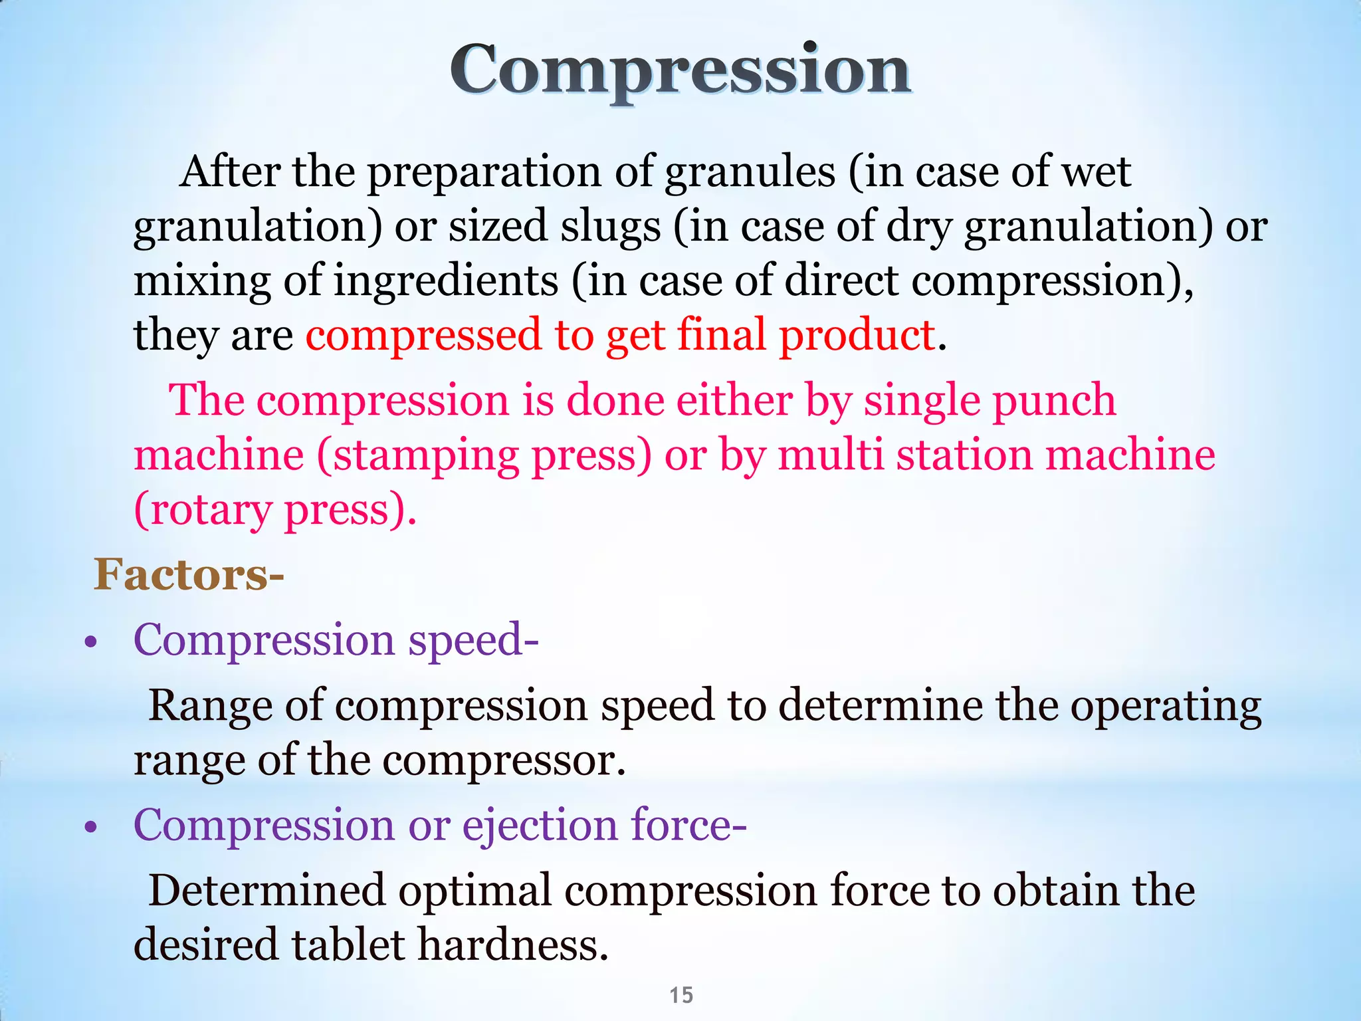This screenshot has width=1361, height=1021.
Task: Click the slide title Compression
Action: pos(680,70)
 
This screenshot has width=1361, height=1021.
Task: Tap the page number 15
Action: pos(681,995)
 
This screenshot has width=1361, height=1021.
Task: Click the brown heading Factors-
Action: pos(189,574)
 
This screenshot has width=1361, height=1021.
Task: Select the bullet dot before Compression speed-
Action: pos(92,643)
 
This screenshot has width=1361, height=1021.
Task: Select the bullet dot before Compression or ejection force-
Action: pos(92,828)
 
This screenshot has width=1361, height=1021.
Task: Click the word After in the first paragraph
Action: pos(230,171)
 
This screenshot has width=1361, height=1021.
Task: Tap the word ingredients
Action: pos(445,281)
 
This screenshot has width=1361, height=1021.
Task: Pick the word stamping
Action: pos(425,457)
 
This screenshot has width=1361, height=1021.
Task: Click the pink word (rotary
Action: pos(203,510)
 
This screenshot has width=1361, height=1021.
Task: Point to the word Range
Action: pos(210,707)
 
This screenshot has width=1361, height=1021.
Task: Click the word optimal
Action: pos(475,891)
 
